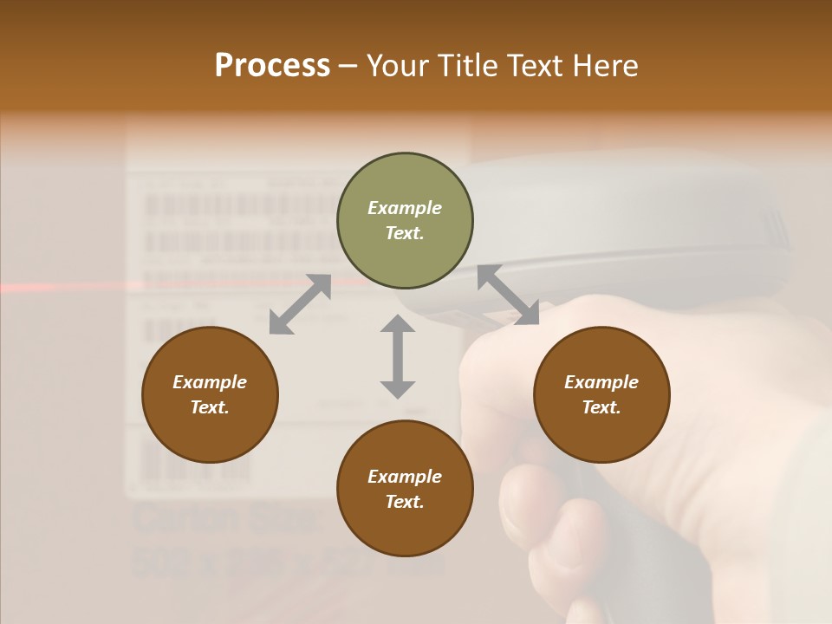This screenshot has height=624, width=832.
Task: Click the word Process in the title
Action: coord(272,66)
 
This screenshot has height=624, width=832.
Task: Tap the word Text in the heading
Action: coord(535,66)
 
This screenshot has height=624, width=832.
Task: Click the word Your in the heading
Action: coord(399,66)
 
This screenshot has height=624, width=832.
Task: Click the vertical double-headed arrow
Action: coord(398,356)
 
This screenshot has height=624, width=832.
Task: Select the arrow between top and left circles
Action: coord(300,304)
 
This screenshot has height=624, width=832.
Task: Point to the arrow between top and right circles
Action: coord(508,295)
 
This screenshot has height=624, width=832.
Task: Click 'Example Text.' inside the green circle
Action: coord(405,220)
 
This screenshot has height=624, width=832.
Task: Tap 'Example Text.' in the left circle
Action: coord(210,394)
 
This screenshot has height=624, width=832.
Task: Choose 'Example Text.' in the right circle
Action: coord(601,394)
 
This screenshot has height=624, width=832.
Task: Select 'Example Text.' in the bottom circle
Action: coord(405,489)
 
